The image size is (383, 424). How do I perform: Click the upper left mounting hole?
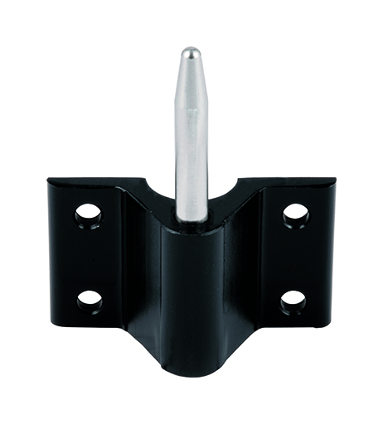pos(88,217)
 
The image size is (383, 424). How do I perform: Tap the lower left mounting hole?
pos(90,298)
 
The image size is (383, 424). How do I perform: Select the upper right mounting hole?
pos(295,215)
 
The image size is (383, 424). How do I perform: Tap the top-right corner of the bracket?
pos(334,180)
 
